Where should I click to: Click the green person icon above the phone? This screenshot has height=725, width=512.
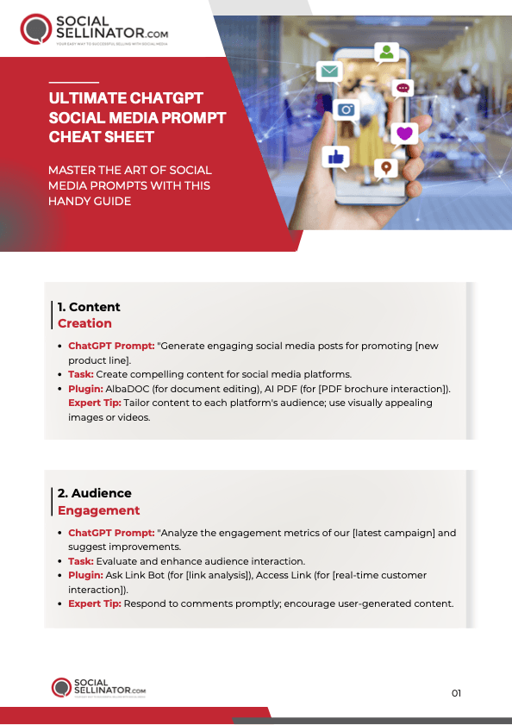click(386, 53)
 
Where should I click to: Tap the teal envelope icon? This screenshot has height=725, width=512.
click(328, 72)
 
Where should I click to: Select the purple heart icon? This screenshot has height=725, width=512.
click(404, 133)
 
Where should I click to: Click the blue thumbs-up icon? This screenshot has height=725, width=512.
click(334, 156)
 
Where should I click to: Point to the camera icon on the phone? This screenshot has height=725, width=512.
click(347, 109)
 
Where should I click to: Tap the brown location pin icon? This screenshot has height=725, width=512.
click(386, 166)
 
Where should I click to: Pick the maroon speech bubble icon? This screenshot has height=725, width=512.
click(403, 88)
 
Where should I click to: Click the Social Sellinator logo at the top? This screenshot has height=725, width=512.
click(94, 28)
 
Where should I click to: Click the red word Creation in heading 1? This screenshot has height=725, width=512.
click(84, 323)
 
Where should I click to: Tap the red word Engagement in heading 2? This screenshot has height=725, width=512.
click(98, 510)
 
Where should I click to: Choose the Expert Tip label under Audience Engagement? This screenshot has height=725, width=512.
click(95, 603)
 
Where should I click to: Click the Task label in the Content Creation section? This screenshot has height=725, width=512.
click(80, 374)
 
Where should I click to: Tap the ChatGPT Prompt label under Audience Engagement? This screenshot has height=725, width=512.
click(110, 533)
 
